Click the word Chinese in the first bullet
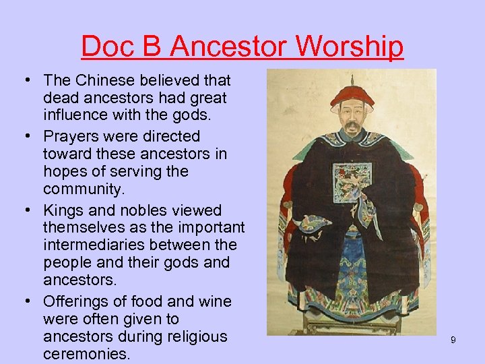[108, 80]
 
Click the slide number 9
[453, 340]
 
